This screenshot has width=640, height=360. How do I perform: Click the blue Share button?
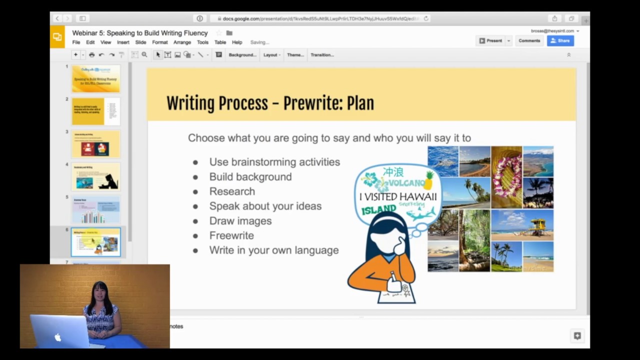560,40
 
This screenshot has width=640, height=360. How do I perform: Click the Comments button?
529,40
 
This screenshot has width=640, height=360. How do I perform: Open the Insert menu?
123,42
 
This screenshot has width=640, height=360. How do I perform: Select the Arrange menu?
182,42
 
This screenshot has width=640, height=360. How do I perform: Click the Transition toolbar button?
322,55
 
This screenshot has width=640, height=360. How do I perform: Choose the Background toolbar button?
242,55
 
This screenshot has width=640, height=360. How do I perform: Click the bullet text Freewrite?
231,235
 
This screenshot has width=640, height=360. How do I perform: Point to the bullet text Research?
232,191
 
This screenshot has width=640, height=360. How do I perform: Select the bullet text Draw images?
240,221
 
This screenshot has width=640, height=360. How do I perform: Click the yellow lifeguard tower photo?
522,225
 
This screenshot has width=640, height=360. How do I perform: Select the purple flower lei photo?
506,177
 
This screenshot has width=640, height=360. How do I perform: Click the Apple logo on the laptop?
58,337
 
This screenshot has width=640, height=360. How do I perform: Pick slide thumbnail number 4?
95,176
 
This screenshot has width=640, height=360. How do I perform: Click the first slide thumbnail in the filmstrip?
95,78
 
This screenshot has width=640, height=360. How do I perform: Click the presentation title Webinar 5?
139,33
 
